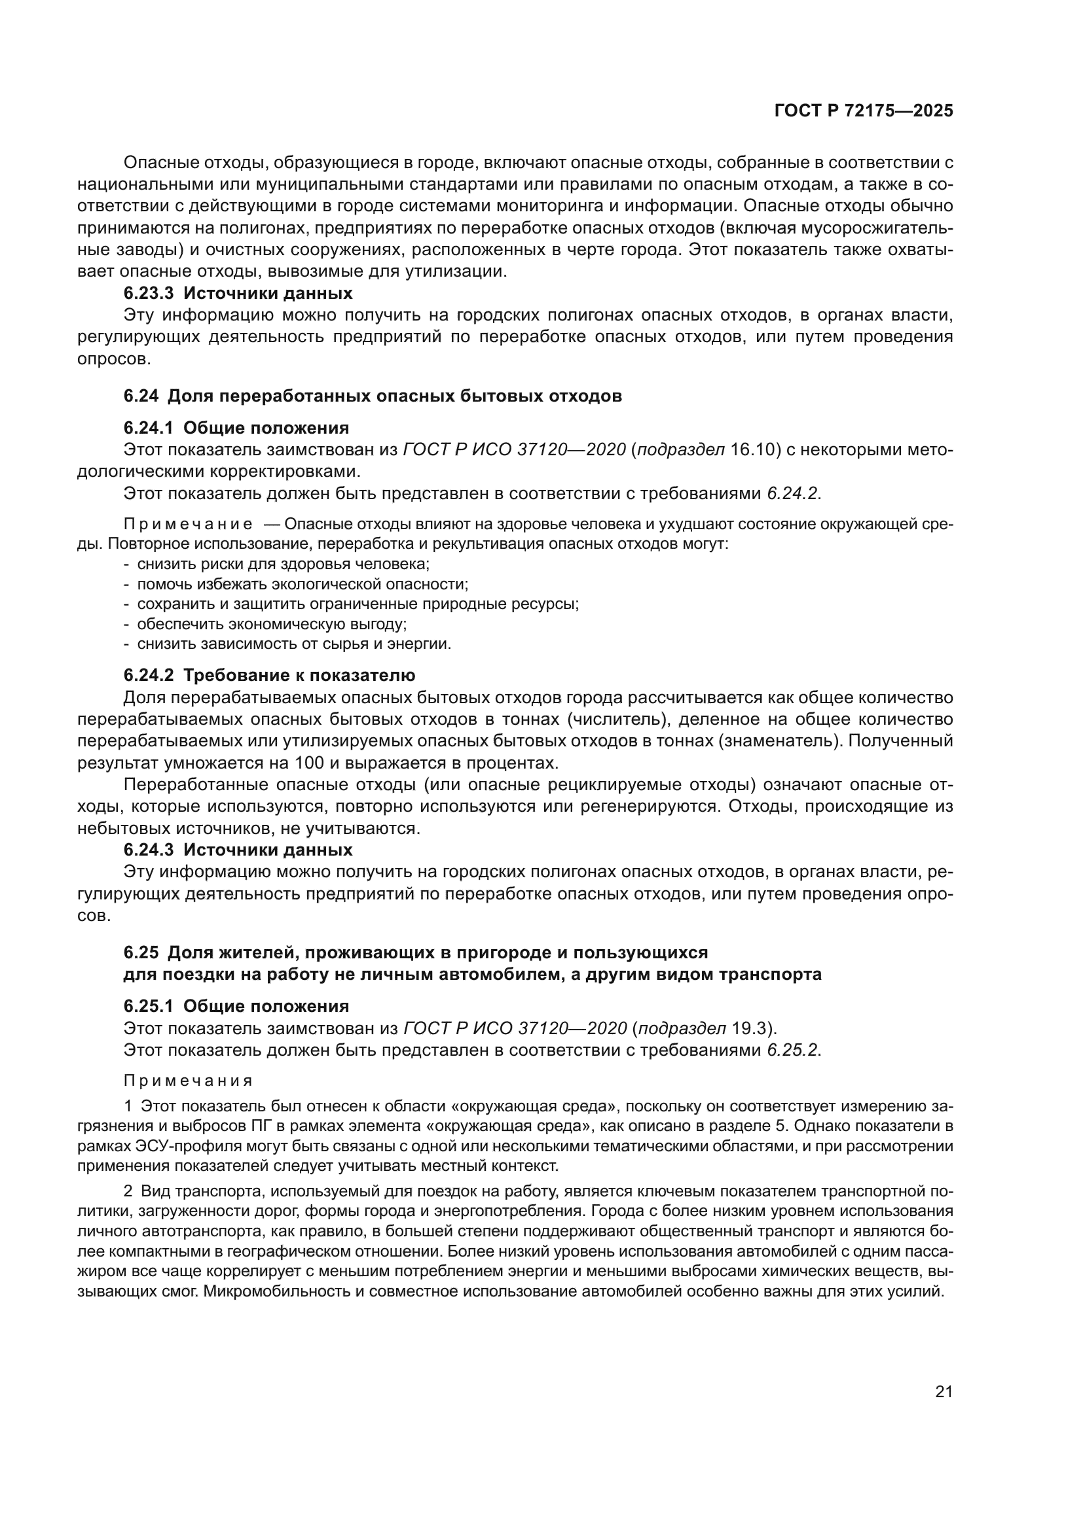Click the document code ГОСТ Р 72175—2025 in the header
(863, 111)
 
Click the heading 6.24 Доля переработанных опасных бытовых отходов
(372, 396)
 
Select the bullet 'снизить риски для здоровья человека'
(283, 564)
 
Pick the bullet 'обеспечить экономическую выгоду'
(272, 625)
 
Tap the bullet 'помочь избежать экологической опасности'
(302, 584)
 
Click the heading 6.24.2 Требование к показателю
(268, 675)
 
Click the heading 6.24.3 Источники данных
(238, 850)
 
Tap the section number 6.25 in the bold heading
(141, 953)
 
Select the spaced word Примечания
(188, 1081)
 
